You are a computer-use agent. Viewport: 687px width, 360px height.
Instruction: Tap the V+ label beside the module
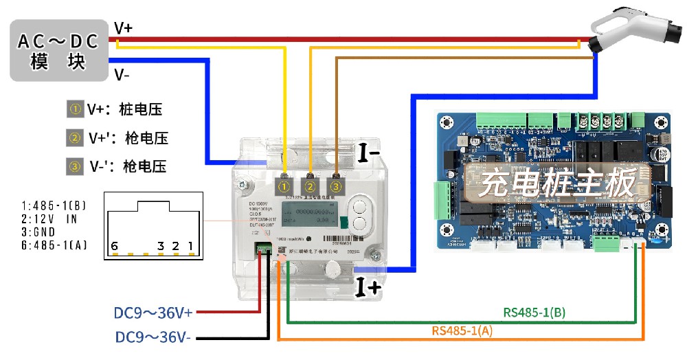[x=124, y=28]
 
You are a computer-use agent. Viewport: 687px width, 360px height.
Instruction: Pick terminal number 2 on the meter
[x=311, y=185]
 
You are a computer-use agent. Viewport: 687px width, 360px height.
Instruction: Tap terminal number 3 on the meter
[x=335, y=185]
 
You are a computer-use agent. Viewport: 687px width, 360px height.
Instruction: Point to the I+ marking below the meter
[x=368, y=287]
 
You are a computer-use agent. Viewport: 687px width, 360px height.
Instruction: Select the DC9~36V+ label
[x=154, y=313]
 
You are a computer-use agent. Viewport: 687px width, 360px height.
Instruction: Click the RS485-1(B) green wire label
[x=534, y=313]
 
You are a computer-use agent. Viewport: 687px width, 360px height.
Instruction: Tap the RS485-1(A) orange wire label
[x=462, y=331]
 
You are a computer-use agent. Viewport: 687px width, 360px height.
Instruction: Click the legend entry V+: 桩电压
[x=117, y=109]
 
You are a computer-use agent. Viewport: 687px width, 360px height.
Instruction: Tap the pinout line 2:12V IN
[x=49, y=218]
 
